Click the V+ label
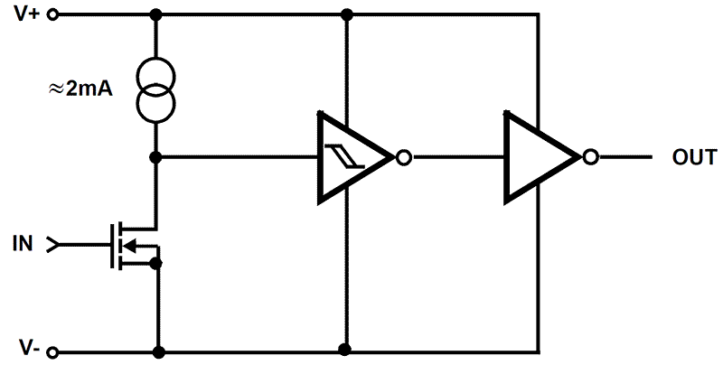click(26, 15)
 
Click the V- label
click(27, 349)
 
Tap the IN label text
click(23, 243)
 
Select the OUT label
click(694, 157)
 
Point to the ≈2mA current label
click(77, 89)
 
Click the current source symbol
click(155, 89)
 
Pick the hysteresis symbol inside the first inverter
click(343, 157)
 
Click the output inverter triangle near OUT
click(540, 157)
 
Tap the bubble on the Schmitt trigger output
click(404, 157)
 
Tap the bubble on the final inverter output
click(591, 157)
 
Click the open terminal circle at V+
click(52, 15)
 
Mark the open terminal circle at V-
click(52, 351)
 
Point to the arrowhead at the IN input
click(52, 243)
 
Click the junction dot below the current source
click(155, 157)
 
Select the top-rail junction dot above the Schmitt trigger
click(346, 15)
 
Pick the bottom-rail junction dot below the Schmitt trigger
click(344, 348)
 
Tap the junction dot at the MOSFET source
click(156, 263)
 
